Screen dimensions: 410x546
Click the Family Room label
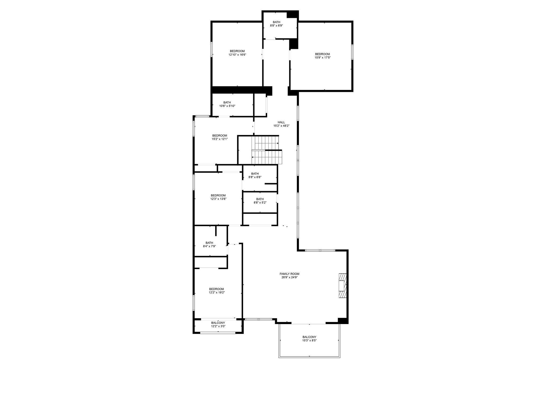[289, 274]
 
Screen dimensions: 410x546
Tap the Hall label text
[281, 122]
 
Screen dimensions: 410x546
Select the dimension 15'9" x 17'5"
[322, 57]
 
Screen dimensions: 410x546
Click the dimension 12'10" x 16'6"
[237, 54]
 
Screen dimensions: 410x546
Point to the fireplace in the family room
[342, 285]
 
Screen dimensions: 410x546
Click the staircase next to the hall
[267, 150]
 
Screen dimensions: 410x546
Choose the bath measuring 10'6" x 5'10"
[227, 104]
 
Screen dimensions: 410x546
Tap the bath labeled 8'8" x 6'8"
[255, 175]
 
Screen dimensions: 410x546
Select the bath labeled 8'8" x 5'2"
[260, 201]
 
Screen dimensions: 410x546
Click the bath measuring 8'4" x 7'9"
[209, 245]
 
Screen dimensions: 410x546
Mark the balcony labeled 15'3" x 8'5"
[309, 339]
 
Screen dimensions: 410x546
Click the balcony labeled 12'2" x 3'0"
[218, 324]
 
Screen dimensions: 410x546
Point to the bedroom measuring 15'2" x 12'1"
[220, 137]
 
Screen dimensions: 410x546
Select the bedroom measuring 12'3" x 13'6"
[218, 197]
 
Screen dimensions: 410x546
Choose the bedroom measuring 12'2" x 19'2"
[216, 291]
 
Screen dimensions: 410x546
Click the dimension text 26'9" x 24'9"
[289, 277]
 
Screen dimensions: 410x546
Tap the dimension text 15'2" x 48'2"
[281, 126]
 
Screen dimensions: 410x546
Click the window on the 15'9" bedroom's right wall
[352, 52]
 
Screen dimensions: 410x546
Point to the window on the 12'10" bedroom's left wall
[212, 49]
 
